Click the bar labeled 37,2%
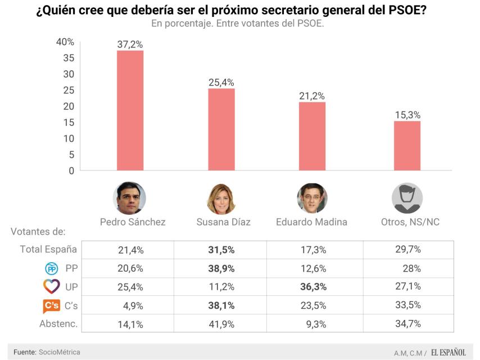[x=130, y=110]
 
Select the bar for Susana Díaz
[x=221, y=129]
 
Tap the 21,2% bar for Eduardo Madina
[x=312, y=136]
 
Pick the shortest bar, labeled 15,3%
[x=407, y=145]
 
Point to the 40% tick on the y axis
[x=65, y=42]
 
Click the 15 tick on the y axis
[x=69, y=123]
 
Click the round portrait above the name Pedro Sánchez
[x=130, y=198]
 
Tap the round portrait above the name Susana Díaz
[x=222, y=198]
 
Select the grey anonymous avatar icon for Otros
[x=407, y=198]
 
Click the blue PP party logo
[x=52, y=268]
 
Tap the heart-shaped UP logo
[x=52, y=286]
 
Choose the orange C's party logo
[x=52, y=305]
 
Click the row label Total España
[x=48, y=249]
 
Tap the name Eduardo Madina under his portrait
[x=311, y=222]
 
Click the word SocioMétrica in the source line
[x=60, y=352]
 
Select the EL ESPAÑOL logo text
[x=449, y=353]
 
